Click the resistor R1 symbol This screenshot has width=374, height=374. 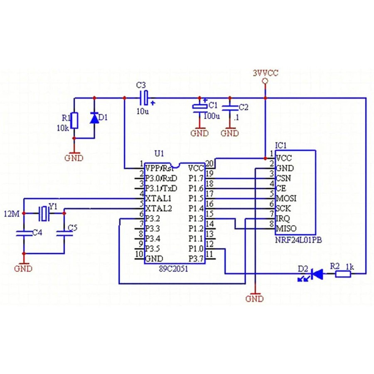[x=74, y=120]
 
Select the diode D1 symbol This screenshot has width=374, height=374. [x=94, y=118]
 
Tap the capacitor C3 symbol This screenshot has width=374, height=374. [x=144, y=98]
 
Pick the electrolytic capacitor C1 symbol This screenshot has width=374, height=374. [x=199, y=107]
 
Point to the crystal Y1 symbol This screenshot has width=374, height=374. [x=44, y=213]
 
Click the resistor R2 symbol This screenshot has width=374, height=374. [x=342, y=273]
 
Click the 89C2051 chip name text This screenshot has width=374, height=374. [x=172, y=268]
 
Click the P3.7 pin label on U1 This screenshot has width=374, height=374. [x=196, y=258]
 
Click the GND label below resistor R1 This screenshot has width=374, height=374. [x=74, y=158]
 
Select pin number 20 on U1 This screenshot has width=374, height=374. [x=210, y=163]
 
